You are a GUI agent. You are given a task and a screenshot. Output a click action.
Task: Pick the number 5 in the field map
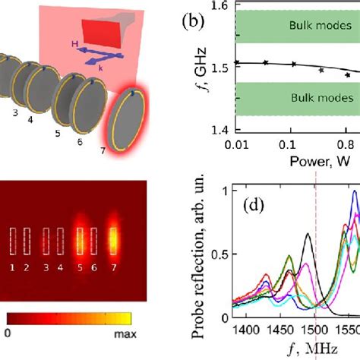coord(80,268)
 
